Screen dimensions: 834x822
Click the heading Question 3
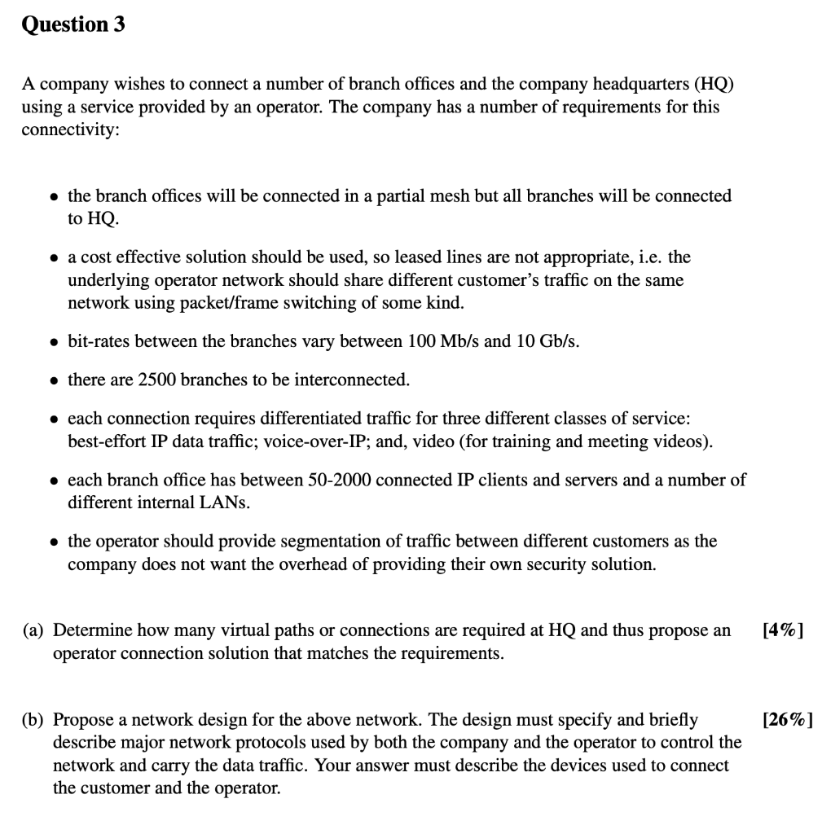pyautogui.click(x=73, y=24)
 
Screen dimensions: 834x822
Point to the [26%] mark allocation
pyautogui.click(x=786, y=720)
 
